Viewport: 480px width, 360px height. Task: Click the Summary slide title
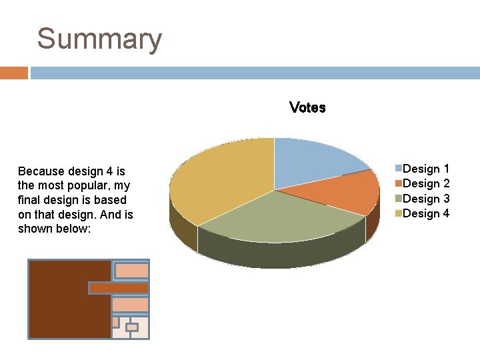tap(99, 39)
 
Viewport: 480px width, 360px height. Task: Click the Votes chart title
tap(307, 107)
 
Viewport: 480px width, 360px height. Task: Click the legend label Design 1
tap(426, 169)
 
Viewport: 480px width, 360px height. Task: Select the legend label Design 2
tap(426, 183)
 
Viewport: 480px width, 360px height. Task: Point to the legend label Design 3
tap(426, 199)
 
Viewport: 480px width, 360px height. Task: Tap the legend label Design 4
tap(426, 213)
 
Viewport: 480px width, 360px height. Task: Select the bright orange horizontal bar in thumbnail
tap(119, 287)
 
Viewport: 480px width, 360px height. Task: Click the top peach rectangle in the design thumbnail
tap(131, 270)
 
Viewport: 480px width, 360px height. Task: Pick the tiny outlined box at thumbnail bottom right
tap(131, 327)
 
